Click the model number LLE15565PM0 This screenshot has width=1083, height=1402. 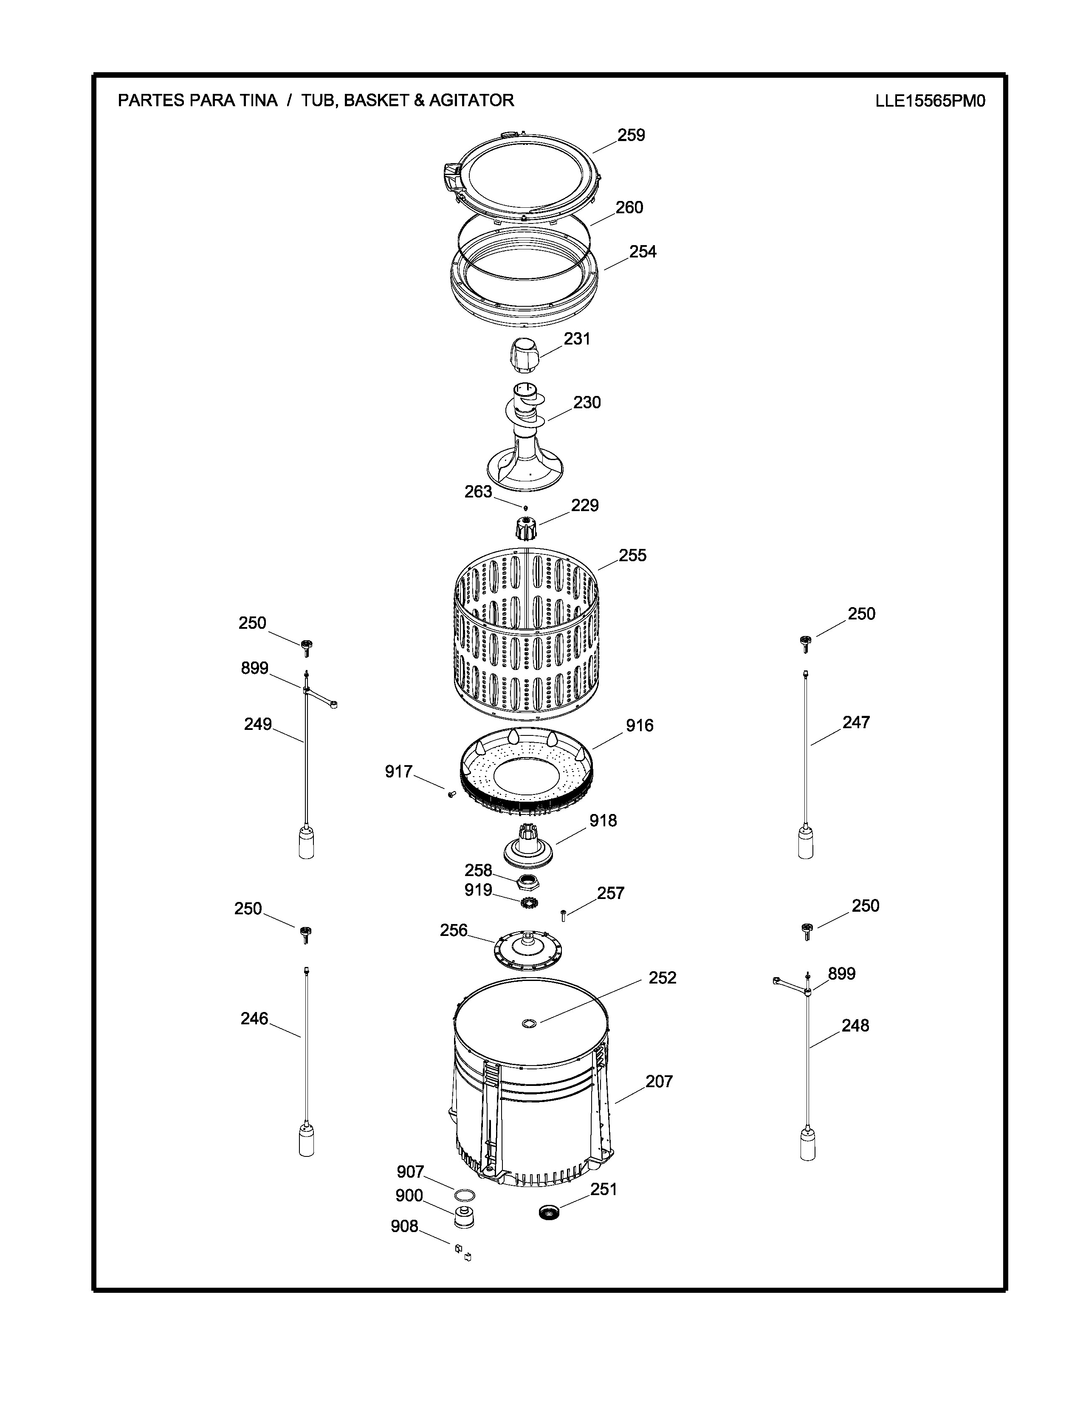tap(930, 102)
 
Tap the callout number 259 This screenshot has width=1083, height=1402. tap(631, 136)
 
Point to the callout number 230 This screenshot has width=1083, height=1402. tap(587, 402)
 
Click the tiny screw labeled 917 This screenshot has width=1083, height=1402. tap(450, 794)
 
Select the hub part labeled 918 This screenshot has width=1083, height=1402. tap(527, 845)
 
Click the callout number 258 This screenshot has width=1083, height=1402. tap(478, 871)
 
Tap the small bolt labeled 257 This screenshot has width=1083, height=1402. tap(563, 916)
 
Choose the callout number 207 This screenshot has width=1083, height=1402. tap(659, 1082)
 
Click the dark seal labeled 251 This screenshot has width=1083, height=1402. tap(550, 1212)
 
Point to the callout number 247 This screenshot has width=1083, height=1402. tap(856, 722)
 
